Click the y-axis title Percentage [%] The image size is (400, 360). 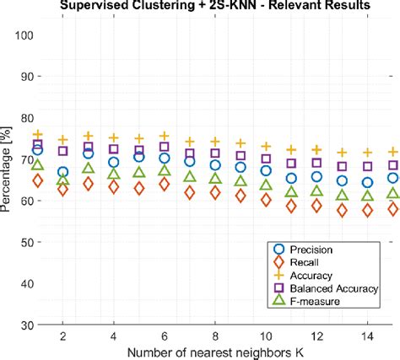[8, 180]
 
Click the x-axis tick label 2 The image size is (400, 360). [62, 336]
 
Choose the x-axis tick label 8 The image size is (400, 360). [215, 336]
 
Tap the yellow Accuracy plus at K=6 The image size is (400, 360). [165, 136]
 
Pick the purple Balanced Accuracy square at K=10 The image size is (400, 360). [266, 159]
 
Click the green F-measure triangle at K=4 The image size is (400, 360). [114, 175]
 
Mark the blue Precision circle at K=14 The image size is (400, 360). [367, 182]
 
